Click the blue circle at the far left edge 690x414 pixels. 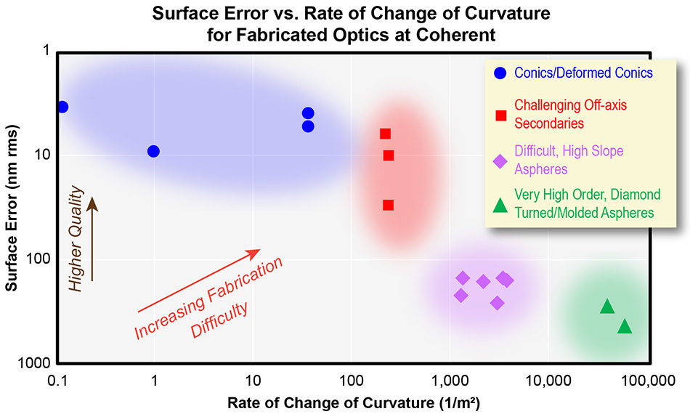pyautogui.click(x=62, y=107)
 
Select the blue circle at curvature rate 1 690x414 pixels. pyautogui.click(x=153, y=151)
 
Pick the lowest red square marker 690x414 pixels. pyautogui.click(x=389, y=205)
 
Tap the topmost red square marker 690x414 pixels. pyautogui.click(x=385, y=134)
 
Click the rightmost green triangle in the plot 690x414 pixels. pyautogui.click(x=625, y=327)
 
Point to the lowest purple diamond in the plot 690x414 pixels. pyautogui.click(x=497, y=303)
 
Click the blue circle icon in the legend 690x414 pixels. pyautogui.click(x=500, y=73)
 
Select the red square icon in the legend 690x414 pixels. pyautogui.click(x=500, y=115)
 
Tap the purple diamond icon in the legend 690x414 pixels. pyautogui.click(x=500, y=161)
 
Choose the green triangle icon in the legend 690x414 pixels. pyautogui.click(x=500, y=206)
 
